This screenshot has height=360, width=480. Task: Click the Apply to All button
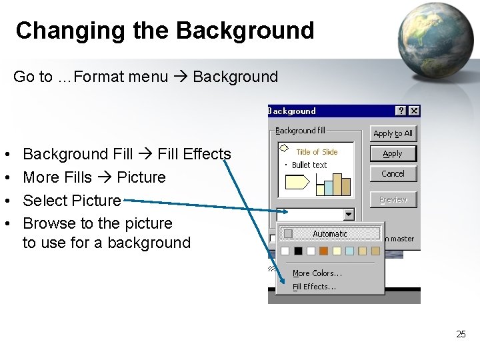[x=393, y=133]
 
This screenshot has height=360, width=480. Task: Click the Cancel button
[x=393, y=173]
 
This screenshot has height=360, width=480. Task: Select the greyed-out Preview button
[x=393, y=199]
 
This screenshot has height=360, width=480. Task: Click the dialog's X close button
[x=414, y=111]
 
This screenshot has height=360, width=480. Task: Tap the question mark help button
[x=401, y=111]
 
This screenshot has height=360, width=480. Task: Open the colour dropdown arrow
[x=349, y=215]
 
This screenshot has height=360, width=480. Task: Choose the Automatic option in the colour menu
[x=329, y=233]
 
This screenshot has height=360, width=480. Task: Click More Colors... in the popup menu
[x=317, y=273]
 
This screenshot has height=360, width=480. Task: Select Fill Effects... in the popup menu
[x=314, y=287]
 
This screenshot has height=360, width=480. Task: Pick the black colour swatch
[x=298, y=251]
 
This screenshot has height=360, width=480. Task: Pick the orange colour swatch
[x=323, y=251]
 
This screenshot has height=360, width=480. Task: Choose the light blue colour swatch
[x=349, y=251]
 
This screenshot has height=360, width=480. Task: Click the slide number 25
[x=461, y=335]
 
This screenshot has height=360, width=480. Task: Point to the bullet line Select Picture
[x=72, y=200]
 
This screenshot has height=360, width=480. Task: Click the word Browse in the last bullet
[x=49, y=223]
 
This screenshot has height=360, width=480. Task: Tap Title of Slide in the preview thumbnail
[x=317, y=152]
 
